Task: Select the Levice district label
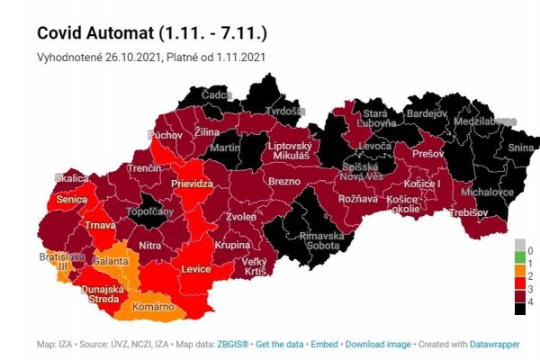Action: [195, 269]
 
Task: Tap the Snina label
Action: [520, 148]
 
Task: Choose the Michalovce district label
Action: [487, 192]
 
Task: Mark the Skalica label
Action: [71, 177]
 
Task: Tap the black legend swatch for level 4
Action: [519, 309]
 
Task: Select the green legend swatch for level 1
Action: [519, 262]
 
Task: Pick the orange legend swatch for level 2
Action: [519, 274]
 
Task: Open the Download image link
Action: [377, 345]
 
